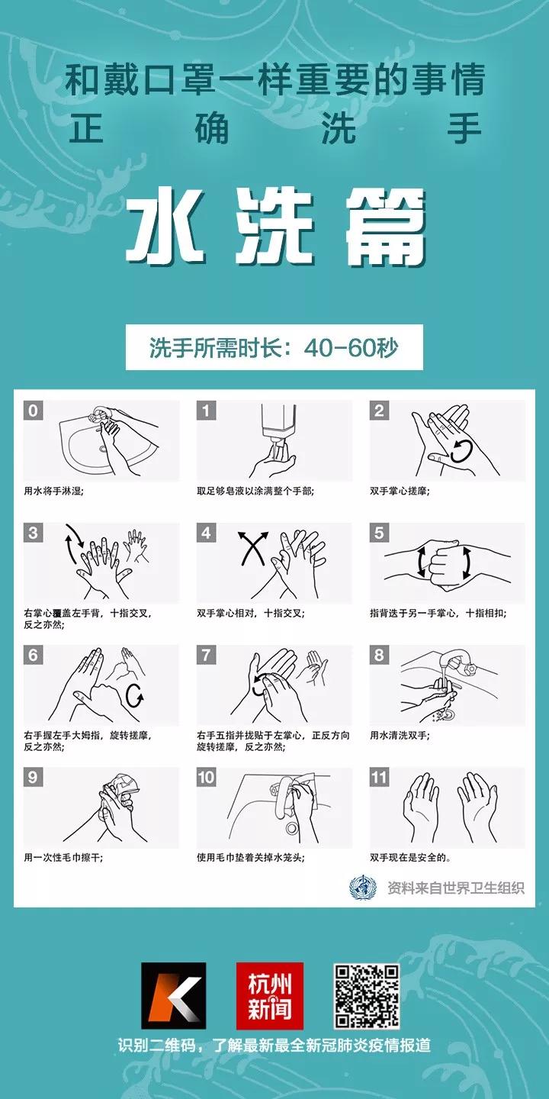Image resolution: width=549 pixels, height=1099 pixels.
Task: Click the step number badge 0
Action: click(x=33, y=411)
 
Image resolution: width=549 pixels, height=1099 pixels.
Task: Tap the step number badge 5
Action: click(x=380, y=533)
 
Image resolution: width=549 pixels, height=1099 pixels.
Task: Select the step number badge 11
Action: click(x=380, y=778)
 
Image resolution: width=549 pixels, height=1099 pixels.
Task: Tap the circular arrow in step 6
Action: click(x=135, y=695)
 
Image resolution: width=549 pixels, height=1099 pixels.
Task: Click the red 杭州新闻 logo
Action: click(x=269, y=995)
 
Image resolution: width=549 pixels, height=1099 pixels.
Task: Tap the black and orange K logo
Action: click(x=173, y=995)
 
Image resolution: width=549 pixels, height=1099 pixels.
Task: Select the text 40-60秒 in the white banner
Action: click(x=350, y=348)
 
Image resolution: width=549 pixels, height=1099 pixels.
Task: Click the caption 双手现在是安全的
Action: click(x=410, y=857)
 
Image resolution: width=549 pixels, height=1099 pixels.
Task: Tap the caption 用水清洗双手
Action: click(x=400, y=735)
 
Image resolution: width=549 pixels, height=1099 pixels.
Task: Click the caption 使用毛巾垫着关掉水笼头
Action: click(x=251, y=857)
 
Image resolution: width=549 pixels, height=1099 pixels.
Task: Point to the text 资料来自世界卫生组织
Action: click(x=456, y=888)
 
